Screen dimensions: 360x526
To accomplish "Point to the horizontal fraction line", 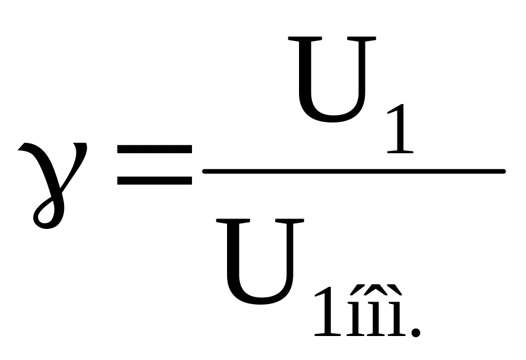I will [354, 170].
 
